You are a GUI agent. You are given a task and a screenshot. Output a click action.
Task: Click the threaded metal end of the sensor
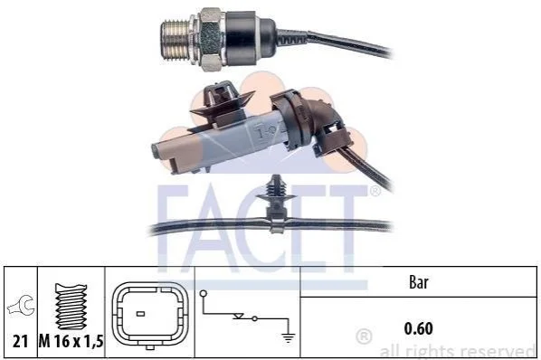point(176,41)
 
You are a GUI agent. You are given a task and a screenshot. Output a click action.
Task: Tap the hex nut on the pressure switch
point(211,40)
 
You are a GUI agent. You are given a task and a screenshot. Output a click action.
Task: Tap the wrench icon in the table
point(21,306)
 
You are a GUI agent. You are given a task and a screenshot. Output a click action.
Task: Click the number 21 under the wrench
point(20,341)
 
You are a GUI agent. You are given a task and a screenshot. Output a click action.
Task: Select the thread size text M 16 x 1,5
point(71,341)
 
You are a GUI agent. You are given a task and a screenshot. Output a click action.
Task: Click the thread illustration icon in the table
point(71,307)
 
